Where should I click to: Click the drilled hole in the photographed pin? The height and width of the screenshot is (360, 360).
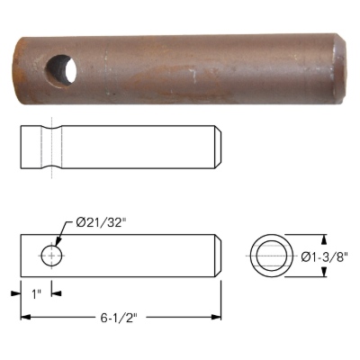[60, 71]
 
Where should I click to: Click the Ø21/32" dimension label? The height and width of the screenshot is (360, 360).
[100, 223]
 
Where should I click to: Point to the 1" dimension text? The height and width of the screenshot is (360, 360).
[36, 294]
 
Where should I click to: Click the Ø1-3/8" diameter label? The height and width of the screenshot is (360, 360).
[324, 256]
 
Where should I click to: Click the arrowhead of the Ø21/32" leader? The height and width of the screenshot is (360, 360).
[58, 244]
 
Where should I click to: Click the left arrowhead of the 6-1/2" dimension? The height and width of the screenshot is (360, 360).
[25, 317]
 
